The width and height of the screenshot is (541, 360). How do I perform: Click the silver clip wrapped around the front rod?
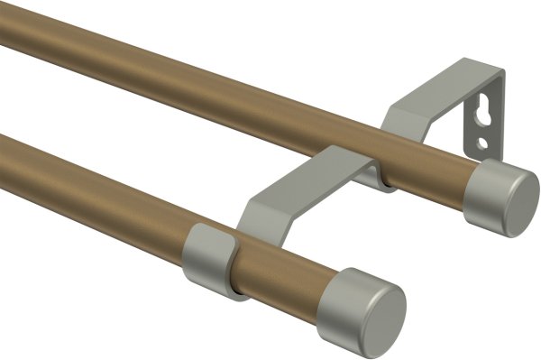point(210,258)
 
